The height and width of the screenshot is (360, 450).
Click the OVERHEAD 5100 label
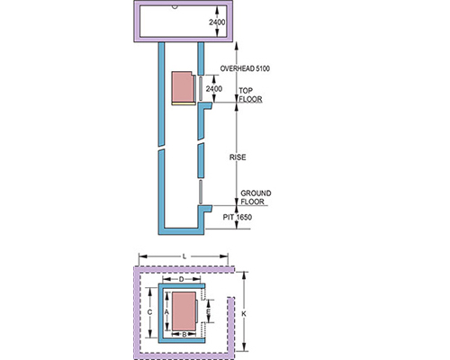click(x=245, y=68)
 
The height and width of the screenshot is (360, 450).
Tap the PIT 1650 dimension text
click(x=237, y=217)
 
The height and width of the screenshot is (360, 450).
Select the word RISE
click(x=238, y=157)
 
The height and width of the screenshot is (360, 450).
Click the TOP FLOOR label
click(x=250, y=94)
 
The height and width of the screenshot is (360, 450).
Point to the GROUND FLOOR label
click(x=256, y=197)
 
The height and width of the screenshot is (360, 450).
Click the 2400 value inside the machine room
click(x=217, y=22)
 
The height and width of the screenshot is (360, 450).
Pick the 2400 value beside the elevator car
click(x=214, y=89)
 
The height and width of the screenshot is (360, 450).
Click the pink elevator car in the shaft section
click(x=183, y=86)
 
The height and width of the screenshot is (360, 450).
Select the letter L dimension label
click(x=184, y=256)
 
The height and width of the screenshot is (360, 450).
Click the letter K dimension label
click(x=244, y=314)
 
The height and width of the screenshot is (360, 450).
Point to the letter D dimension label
click(x=182, y=280)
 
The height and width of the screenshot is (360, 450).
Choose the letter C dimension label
click(x=149, y=312)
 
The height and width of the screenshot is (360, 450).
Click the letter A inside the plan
click(x=167, y=312)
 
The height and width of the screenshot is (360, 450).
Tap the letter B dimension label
click(x=184, y=334)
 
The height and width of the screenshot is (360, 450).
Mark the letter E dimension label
click(x=208, y=311)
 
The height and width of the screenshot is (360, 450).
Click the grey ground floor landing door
click(x=201, y=193)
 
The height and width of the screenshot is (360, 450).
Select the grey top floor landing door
click(x=201, y=88)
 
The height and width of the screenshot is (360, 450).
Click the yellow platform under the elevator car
click(x=184, y=103)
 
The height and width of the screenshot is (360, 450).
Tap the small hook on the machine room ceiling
click(x=175, y=7)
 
